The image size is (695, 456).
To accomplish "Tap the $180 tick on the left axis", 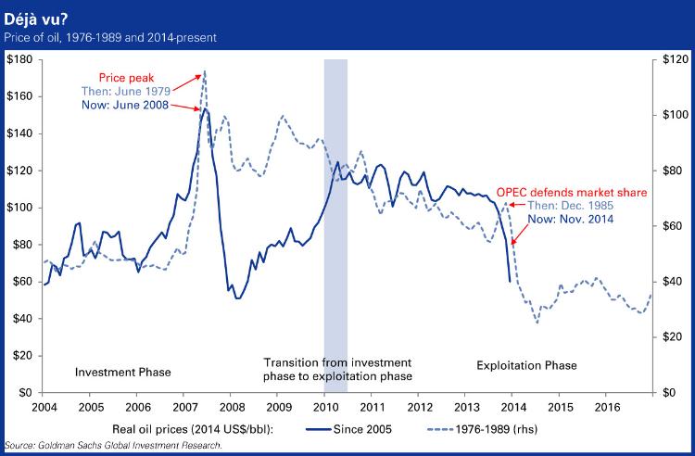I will coord(19,59).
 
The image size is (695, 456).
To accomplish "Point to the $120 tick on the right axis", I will coord(674,59).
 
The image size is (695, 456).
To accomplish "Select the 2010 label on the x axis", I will coord(324,406).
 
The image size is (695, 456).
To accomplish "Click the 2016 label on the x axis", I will coord(607,406).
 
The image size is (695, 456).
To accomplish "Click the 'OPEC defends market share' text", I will coord(570,193).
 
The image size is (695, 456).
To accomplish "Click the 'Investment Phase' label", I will coord(122,372).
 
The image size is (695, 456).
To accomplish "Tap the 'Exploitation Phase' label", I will coord(526,365).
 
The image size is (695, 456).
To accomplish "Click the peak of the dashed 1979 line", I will coord(204,71).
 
